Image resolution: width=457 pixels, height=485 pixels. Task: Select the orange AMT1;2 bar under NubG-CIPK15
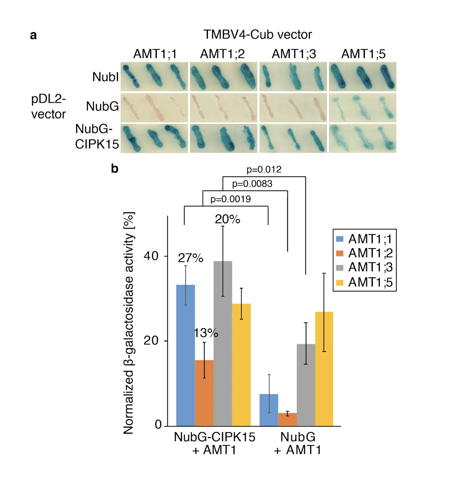(x=204, y=393)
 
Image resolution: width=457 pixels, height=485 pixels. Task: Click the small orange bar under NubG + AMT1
(x=287, y=419)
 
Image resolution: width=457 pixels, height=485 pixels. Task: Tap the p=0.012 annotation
(x=264, y=170)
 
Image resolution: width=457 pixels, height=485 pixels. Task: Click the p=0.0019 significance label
(x=231, y=199)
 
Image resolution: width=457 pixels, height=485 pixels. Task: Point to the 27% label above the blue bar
(x=190, y=258)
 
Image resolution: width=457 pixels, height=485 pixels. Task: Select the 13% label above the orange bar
(x=206, y=333)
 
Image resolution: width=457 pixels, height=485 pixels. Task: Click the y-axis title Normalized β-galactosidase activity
(x=129, y=323)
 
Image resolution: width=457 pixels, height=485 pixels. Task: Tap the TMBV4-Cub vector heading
(x=257, y=35)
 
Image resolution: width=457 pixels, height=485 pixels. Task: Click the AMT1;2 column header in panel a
(x=222, y=54)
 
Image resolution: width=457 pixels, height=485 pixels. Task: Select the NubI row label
(x=105, y=77)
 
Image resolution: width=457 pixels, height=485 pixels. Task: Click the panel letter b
(x=114, y=169)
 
